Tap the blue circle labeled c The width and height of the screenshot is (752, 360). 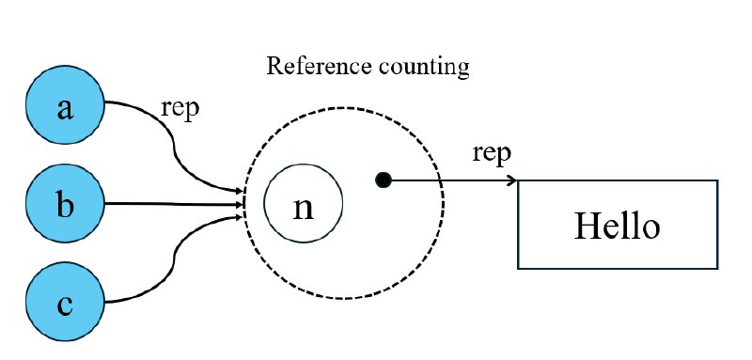tap(64, 302)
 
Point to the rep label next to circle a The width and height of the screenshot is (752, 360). tap(181, 108)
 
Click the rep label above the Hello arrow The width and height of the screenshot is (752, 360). tap(493, 153)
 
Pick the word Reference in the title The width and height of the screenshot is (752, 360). tap(306, 67)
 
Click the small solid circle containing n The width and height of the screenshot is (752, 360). tap(303, 205)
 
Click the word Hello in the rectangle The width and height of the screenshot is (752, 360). tap(617, 227)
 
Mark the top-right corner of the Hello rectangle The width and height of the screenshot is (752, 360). tap(717, 181)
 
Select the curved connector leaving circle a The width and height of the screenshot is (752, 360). tap(174, 141)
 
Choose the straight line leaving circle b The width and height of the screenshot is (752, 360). tap(169, 203)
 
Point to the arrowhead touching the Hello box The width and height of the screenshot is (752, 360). tap(512, 180)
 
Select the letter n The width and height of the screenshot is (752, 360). tap(303, 207)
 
